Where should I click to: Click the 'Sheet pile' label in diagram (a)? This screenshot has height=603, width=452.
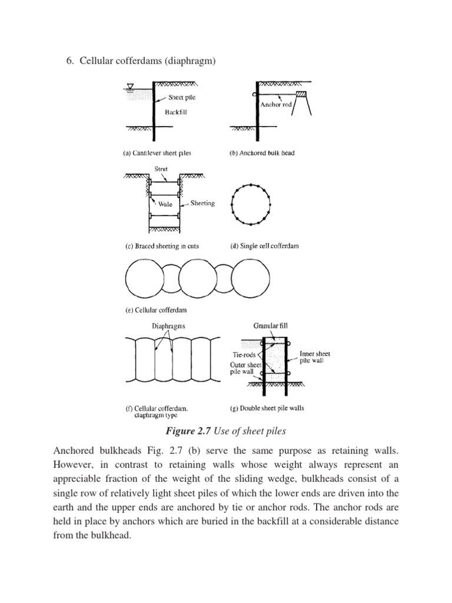(x=182, y=97)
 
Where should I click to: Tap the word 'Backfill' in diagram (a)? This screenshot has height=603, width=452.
(x=175, y=111)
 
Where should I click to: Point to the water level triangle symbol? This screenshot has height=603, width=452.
(x=131, y=86)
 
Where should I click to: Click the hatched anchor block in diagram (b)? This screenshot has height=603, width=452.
(x=301, y=94)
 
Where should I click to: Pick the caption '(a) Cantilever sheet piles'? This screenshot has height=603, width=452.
(x=157, y=153)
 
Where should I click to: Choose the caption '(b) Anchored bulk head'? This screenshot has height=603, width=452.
(x=261, y=153)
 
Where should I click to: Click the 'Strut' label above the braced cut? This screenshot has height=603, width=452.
(x=161, y=169)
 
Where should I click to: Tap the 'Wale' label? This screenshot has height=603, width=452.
(x=165, y=204)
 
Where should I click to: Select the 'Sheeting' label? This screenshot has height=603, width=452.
(x=202, y=203)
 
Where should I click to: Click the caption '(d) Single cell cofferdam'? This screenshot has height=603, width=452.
(x=264, y=246)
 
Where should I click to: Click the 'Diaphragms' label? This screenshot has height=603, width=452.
(x=165, y=325)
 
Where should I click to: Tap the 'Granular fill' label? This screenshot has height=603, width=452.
(x=271, y=324)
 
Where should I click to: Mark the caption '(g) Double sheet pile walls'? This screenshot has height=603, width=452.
(x=267, y=407)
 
